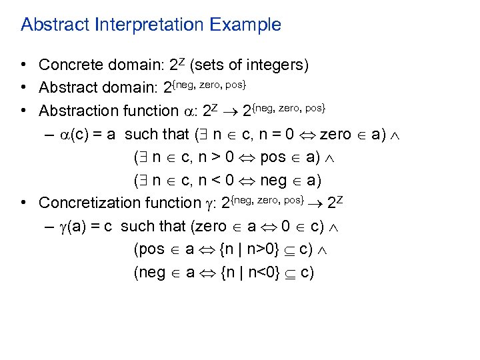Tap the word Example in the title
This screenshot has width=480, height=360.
(x=244, y=25)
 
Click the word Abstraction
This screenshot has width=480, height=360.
(x=75, y=110)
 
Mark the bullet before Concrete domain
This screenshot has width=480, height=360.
(x=23, y=65)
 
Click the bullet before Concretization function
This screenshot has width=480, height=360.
(x=23, y=202)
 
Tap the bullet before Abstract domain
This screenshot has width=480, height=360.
(x=23, y=87)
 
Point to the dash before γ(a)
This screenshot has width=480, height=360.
(x=51, y=226)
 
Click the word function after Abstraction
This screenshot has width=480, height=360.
(x=141, y=110)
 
